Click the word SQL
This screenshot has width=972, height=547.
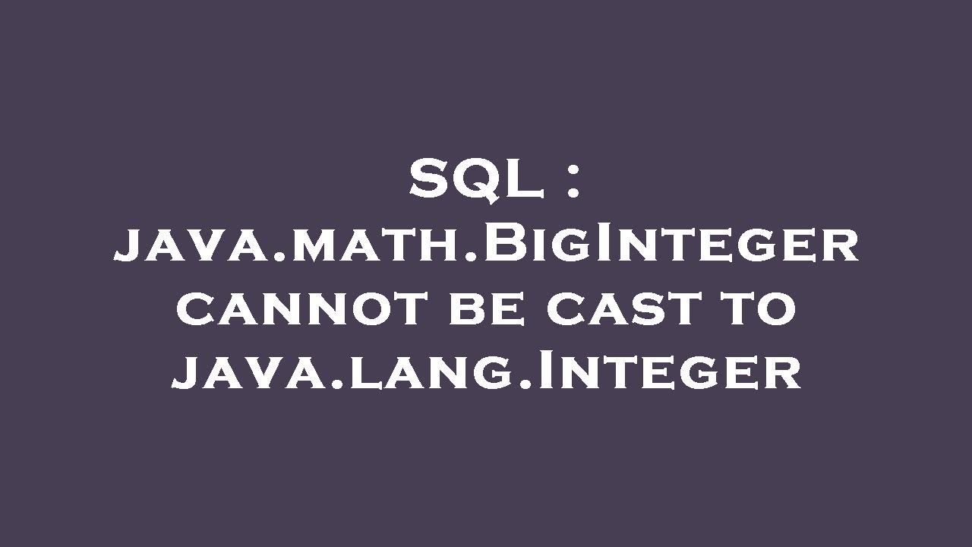coord(475,181)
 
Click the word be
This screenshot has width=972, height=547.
coord(486,309)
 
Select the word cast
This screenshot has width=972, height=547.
coord(627,309)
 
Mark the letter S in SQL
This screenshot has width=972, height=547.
coord(430,181)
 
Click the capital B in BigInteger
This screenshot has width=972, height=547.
coord(502,245)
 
